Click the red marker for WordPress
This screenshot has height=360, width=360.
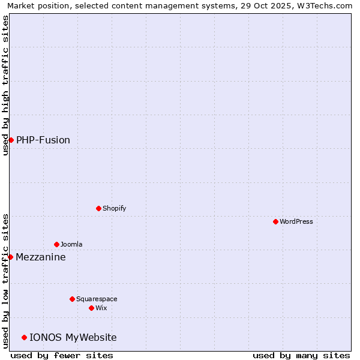tap(275, 221)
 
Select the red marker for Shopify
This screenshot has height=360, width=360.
tap(98, 208)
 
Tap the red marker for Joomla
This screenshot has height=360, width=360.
tap(56, 244)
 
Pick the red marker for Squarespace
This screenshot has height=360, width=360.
tap(72, 299)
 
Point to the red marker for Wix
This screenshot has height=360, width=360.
tap(91, 308)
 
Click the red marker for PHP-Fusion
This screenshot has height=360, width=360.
tap(11, 140)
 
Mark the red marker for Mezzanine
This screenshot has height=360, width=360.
tap(10, 257)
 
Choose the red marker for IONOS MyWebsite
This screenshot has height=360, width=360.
tap(24, 337)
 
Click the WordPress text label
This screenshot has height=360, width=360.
tap(296, 221)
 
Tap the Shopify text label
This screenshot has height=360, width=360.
tap(114, 208)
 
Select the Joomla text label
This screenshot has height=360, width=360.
tap(71, 244)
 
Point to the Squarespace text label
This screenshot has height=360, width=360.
tap(97, 299)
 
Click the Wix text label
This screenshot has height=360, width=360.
tap(101, 308)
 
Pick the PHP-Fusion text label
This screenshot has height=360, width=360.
tap(43, 140)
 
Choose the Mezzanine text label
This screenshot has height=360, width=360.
tap(41, 257)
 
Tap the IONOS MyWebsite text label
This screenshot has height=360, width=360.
tap(73, 337)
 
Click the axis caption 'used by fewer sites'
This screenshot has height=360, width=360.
tap(62, 355)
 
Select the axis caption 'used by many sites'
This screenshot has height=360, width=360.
tap(301, 355)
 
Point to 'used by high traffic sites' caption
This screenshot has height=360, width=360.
tap(5, 85)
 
